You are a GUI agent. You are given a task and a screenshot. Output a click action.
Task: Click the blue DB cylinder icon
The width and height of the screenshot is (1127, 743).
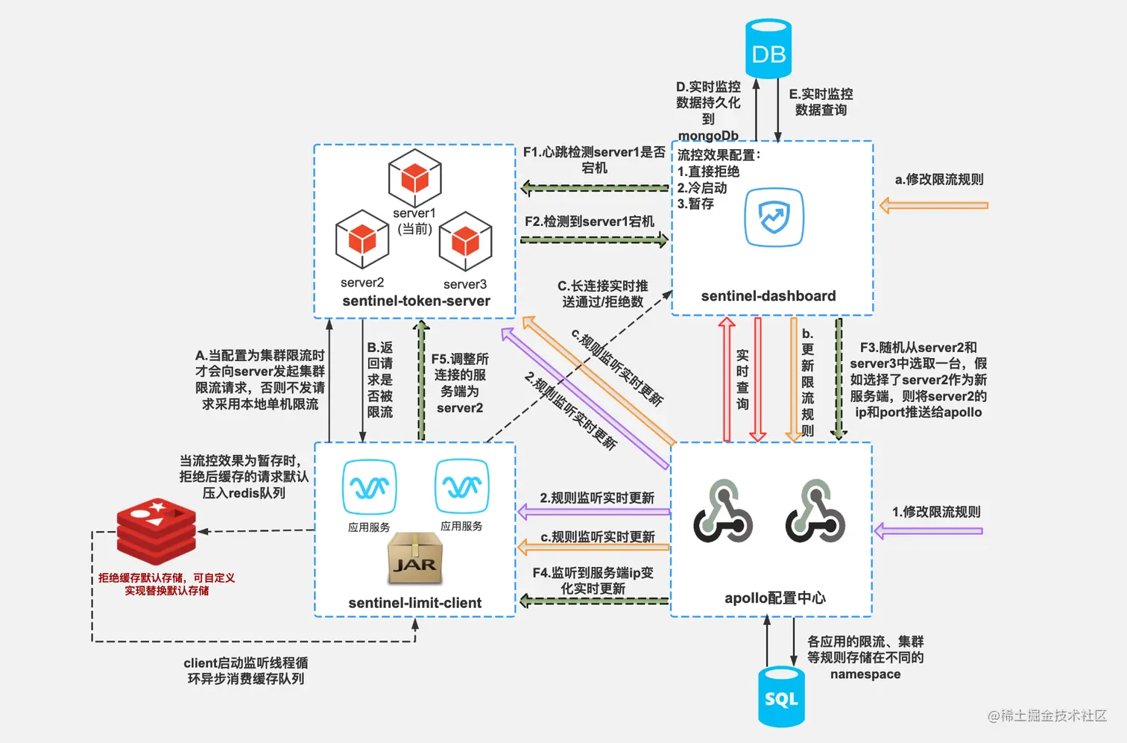click(768, 49)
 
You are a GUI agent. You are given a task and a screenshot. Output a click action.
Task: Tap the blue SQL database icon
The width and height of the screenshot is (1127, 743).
click(781, 697)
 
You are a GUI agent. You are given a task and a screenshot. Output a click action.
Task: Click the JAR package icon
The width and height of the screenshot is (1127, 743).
click(415, 559)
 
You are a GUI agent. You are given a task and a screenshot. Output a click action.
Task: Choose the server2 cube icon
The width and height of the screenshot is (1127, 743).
click(362, 239)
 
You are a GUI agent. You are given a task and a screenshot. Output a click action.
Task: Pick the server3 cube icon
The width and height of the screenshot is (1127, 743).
click(466, 241)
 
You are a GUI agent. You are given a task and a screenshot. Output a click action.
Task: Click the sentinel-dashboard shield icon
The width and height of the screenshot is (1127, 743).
click(774, 217)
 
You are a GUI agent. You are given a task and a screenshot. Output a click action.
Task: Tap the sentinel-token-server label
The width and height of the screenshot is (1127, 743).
click(416, 301)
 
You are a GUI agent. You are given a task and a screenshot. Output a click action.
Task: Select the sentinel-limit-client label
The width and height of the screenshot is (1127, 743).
click(415, 603)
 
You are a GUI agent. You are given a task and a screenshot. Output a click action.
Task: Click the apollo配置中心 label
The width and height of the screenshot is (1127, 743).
click(775, 598)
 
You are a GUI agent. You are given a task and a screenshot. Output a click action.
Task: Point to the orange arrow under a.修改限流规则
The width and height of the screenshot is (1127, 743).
click(933, 205)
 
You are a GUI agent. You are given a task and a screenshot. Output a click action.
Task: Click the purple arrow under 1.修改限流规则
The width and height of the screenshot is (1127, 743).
click(928, 531)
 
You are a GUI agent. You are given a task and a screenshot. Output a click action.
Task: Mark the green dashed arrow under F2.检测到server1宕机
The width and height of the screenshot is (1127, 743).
click(594, 239)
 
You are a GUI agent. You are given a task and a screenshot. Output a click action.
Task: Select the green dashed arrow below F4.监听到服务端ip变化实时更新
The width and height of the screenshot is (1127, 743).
click(594, 601)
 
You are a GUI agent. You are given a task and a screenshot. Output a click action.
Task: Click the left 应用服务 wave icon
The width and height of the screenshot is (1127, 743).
click(369, 488)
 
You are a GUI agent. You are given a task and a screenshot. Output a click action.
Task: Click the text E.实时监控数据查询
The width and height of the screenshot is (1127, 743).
click(821, 102)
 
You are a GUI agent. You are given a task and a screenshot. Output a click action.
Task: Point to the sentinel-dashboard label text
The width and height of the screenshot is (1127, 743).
click(768, 296)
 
